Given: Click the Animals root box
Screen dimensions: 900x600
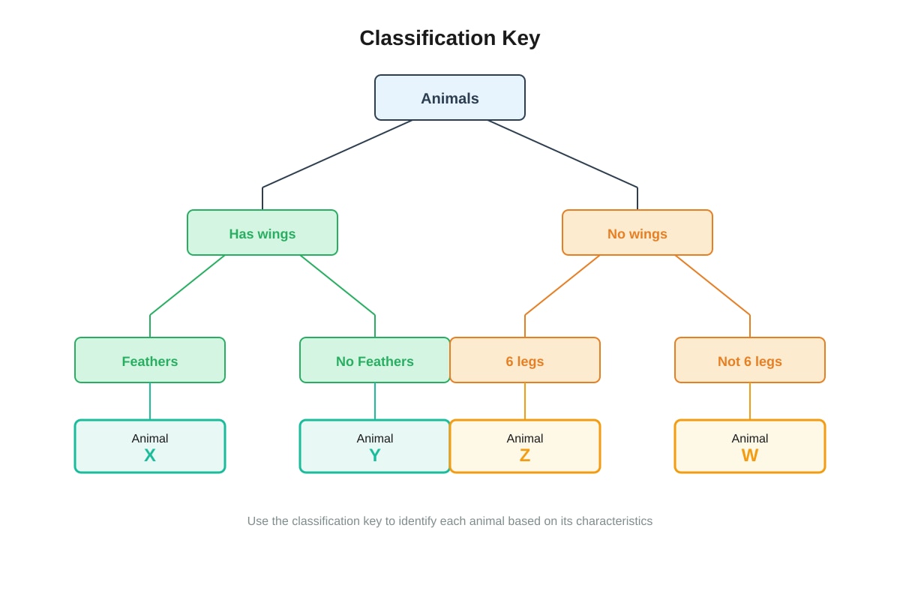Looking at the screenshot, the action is tap(449, 97).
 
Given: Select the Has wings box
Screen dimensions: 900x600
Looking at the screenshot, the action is tap(262, 232).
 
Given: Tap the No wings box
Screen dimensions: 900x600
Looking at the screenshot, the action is tap(637, 232).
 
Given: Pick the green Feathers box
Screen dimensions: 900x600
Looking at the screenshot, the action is tap(150, 360).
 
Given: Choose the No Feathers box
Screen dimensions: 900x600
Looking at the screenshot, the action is tap(375, 360).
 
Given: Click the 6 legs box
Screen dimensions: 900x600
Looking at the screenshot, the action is tap(525, 360).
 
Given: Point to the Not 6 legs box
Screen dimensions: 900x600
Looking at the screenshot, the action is tap(750, 360).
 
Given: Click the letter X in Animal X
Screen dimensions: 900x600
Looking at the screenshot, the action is tap(150, 455).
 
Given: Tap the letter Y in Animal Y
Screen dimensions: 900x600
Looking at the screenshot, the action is tap(375, 455).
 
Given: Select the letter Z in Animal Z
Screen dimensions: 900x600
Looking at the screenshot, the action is tap(525, 455).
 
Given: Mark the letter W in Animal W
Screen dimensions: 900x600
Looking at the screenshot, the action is tap(750, 455).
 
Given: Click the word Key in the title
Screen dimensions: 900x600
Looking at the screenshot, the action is tap(520, 38).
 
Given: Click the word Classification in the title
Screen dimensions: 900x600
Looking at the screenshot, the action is tap(427, 37).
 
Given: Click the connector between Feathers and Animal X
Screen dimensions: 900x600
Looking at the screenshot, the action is tap(150, 401).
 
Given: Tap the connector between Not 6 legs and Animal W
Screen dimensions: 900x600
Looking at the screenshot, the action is tap(750, 401).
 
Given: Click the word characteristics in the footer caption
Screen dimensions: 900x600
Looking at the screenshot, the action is tap(614, 520).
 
